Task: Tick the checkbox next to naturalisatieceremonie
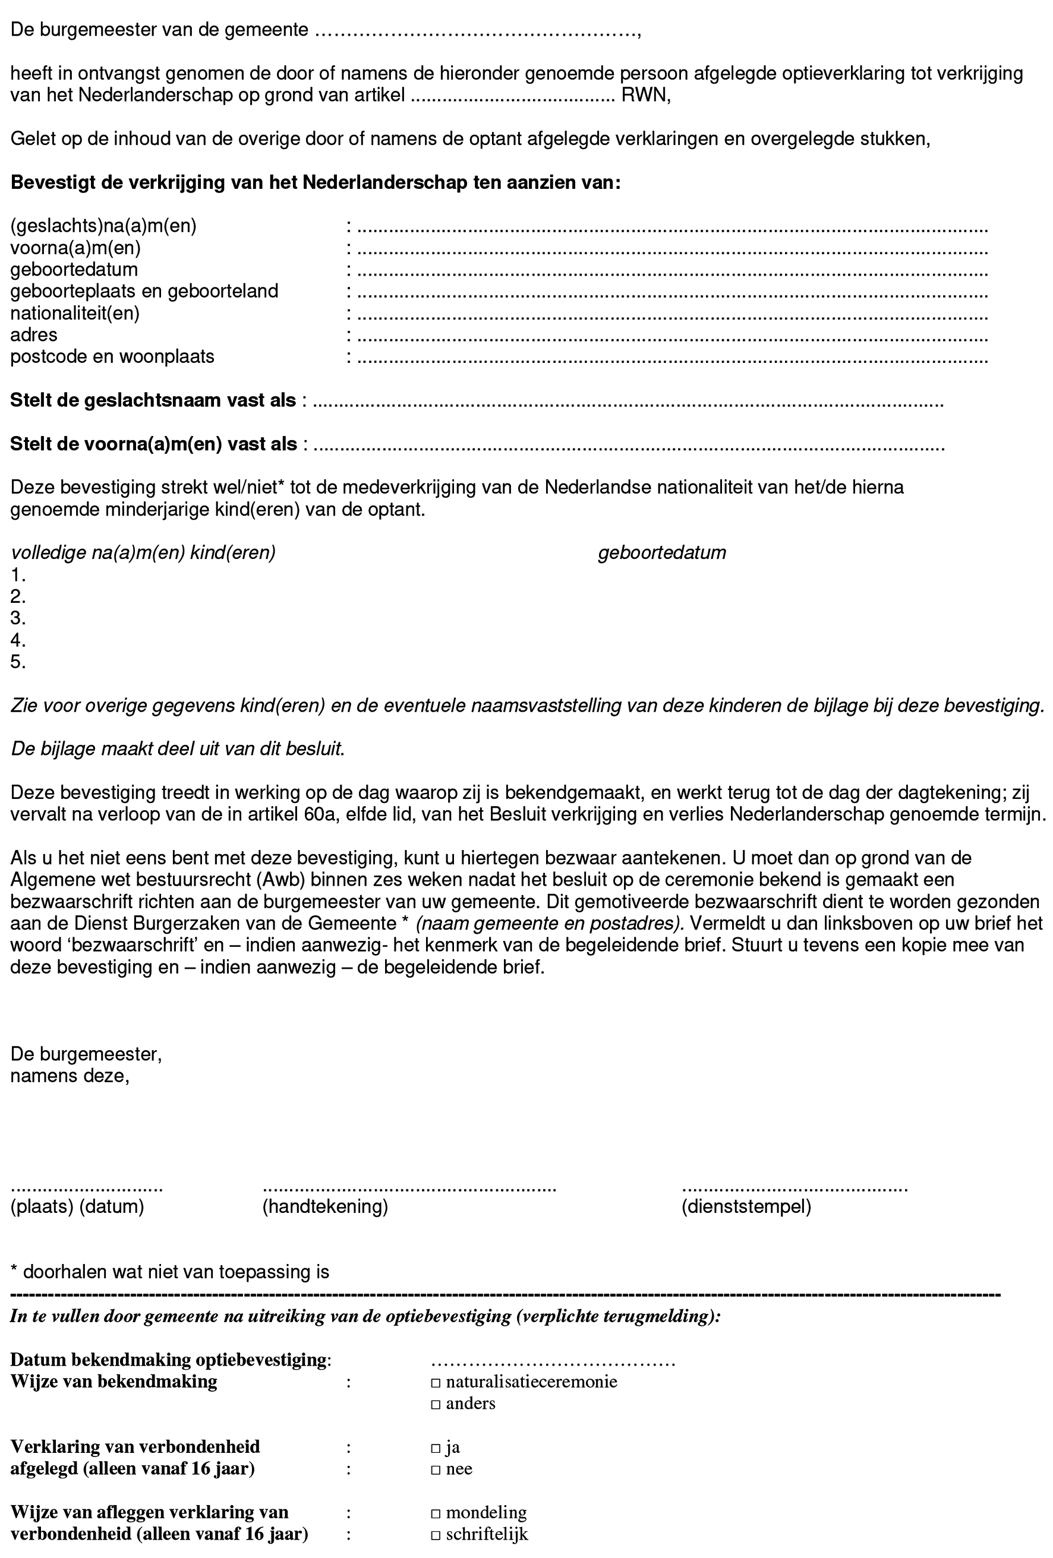tap(436, 1382)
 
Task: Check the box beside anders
tap(436, 1404)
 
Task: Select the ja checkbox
tap(436, 1448)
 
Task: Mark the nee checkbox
tap(436, 1469)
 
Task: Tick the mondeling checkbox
tap(436, 1513)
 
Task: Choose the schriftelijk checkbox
tap(436, 1535)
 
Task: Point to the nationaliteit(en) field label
tap(74, 314)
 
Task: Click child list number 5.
tap(17, 662)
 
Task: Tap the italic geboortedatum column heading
tap(661, 553)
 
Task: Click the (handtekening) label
tap(325, 1208)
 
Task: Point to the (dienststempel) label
tap(746, 1208)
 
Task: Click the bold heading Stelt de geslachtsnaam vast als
tap(153, 401)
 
